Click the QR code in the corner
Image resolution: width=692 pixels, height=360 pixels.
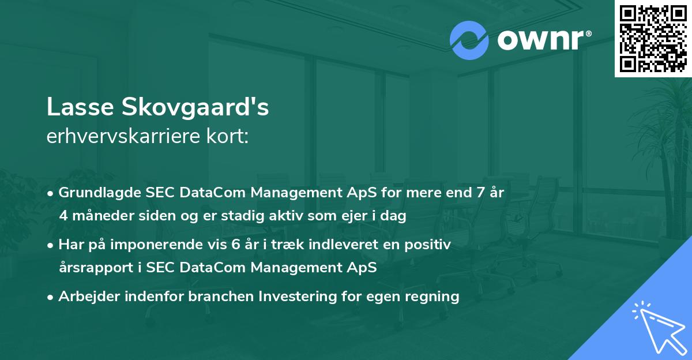(653, 38)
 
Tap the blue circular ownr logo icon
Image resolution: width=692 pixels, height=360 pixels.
(469, 40)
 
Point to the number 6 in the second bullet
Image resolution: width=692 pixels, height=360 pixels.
(235, 244)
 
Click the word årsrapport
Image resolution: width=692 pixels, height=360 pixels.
(95, 268)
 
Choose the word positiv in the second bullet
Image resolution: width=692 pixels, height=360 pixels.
(428, 244)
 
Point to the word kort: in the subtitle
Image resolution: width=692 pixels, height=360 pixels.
(229, 136)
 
